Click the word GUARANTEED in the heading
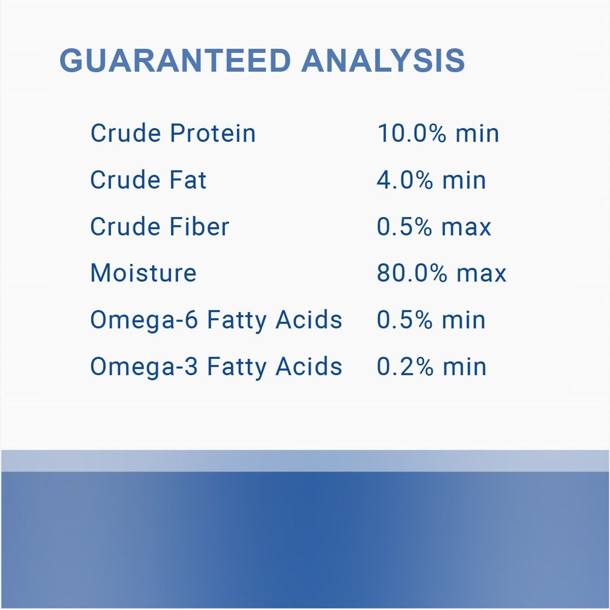(175, 61)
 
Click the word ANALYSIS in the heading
(383, 61)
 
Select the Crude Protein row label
(173, 133)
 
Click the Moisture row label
(143, 273)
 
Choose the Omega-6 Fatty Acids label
(216, 320)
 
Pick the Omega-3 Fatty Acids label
(216, 367)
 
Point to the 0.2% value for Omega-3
(405, 367)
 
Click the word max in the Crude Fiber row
(466, 227)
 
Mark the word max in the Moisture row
(482, 274)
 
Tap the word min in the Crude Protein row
(477, 133)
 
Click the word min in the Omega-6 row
(464, 320)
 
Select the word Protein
(213, 133)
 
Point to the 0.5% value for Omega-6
(405, 320)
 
